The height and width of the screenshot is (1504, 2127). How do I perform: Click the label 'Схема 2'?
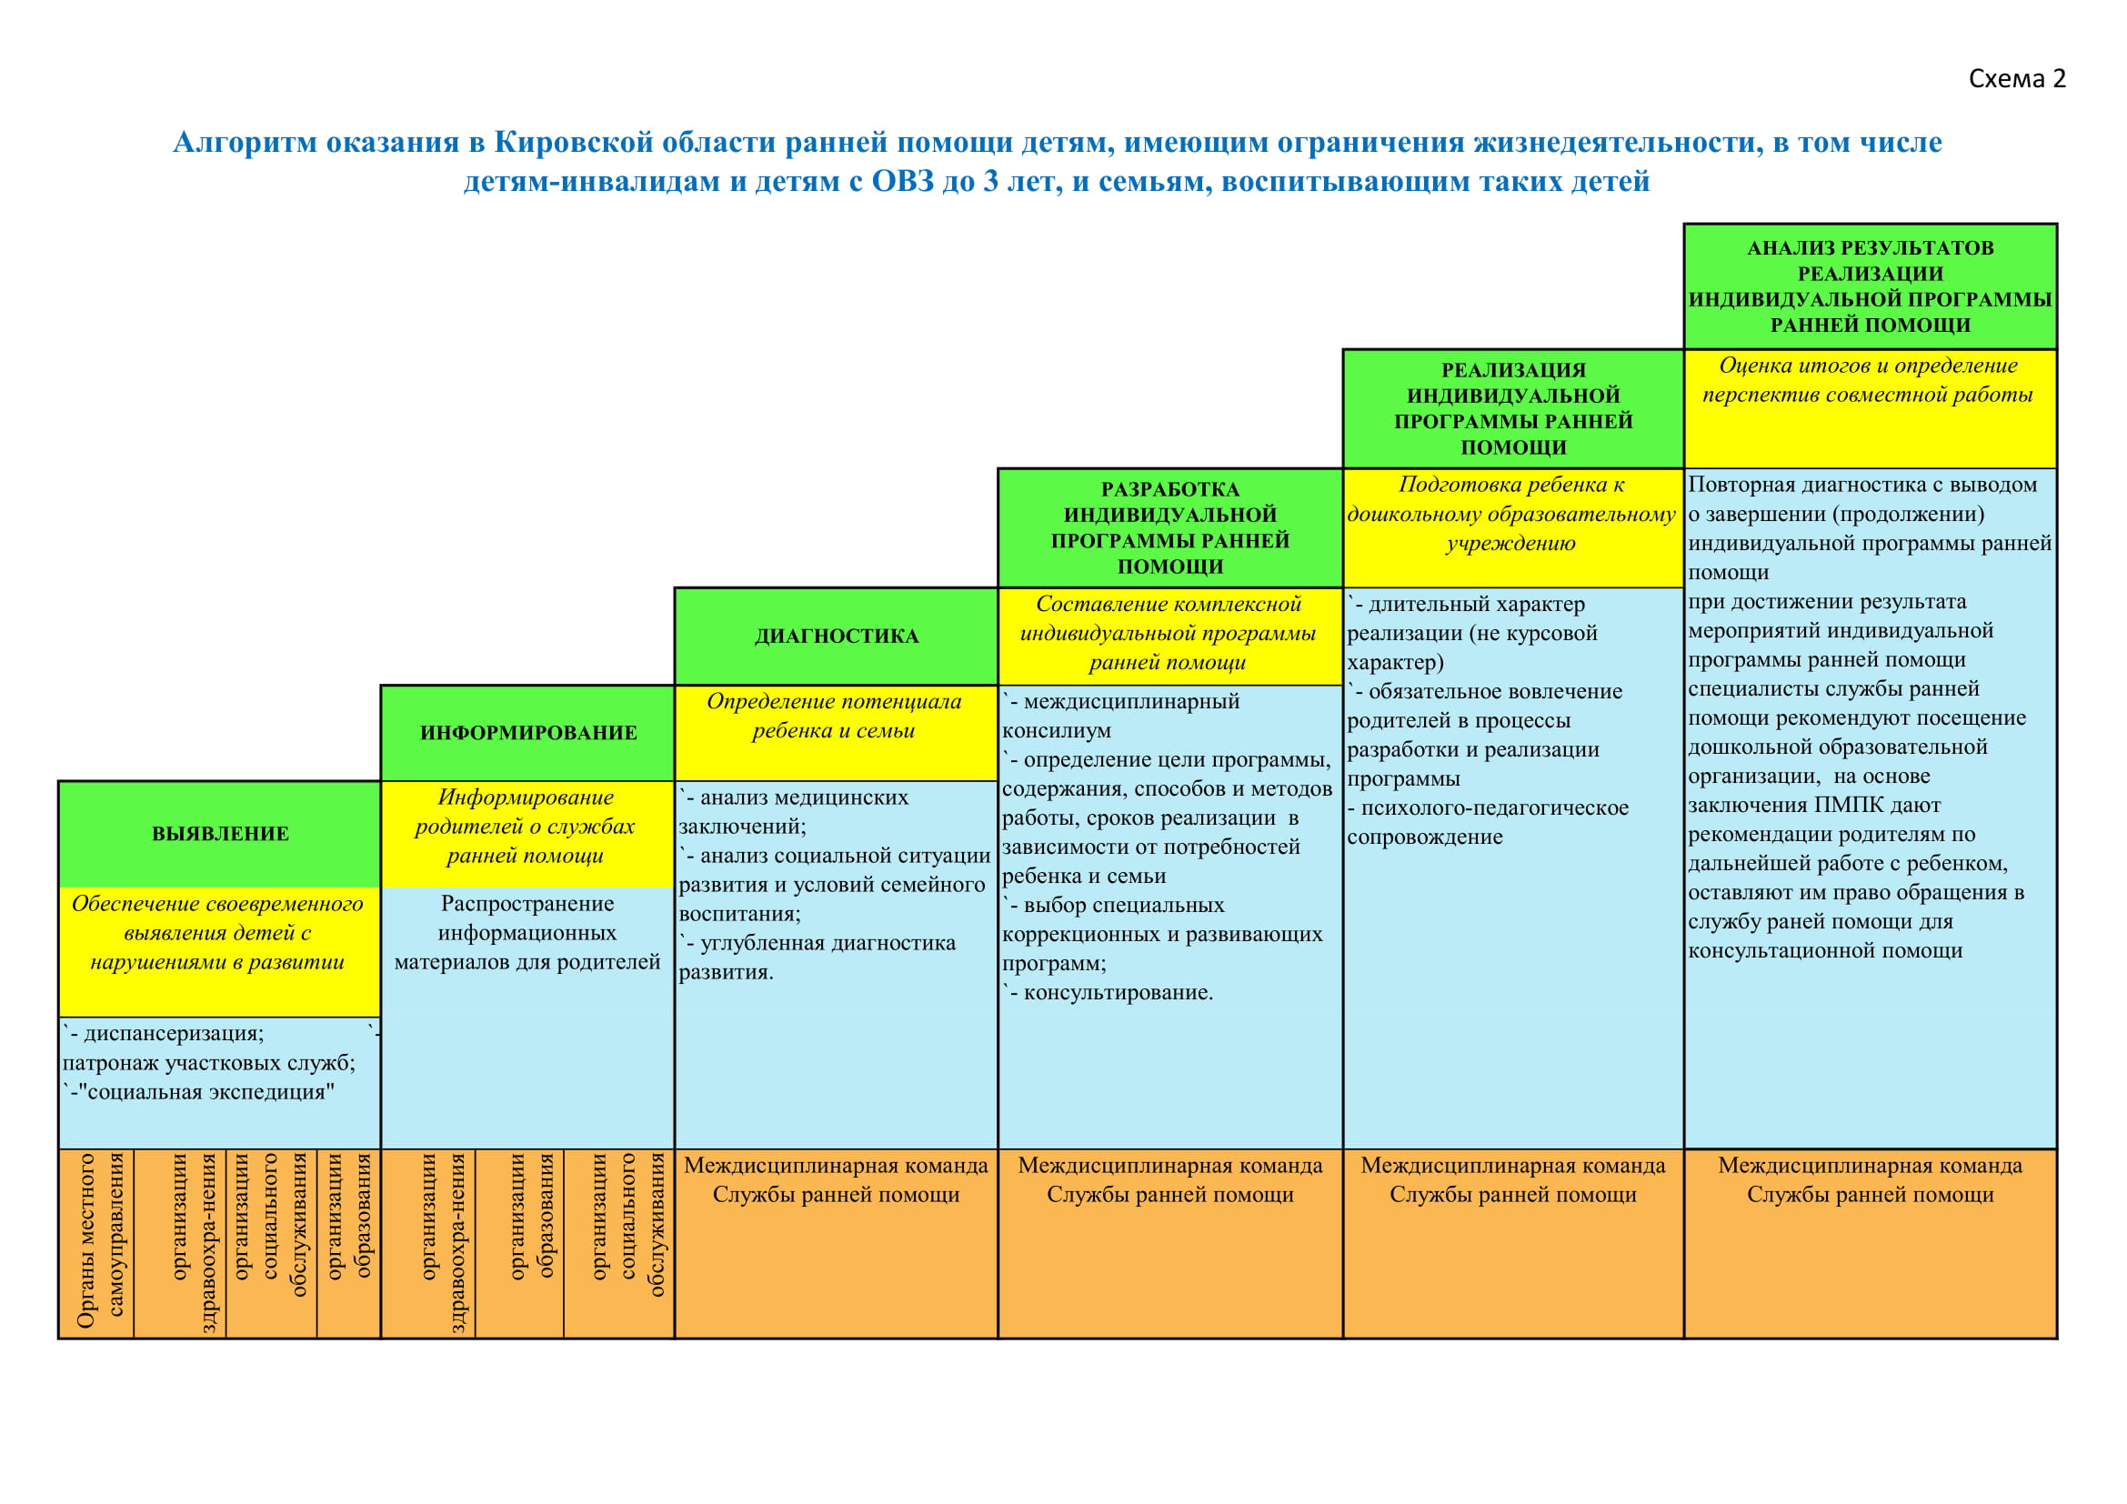point(2016,79)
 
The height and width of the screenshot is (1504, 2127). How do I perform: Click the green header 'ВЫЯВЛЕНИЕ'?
point(220,834)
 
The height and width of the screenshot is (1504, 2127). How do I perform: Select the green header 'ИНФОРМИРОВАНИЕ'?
point(528,733)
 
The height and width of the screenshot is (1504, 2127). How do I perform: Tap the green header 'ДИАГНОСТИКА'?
point(837,637)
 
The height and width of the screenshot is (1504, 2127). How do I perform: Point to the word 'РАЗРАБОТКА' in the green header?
point(1169,489)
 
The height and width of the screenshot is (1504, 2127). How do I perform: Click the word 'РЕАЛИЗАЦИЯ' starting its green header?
point(1513,370)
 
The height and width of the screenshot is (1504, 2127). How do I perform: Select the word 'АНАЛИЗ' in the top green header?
point(1785,248)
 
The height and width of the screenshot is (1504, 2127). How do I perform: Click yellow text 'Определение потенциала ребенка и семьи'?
point(834,716)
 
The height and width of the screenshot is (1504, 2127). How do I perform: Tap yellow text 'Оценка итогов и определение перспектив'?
point(1868,380)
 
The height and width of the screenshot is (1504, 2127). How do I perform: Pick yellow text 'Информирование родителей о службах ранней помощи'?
point(526,826)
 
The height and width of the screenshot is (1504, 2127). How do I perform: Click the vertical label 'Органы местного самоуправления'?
point(100,1240)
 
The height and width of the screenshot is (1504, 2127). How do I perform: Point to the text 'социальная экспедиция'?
point(206,1092)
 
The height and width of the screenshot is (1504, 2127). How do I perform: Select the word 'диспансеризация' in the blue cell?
point(172,1034)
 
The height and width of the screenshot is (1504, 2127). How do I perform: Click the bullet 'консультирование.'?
point(1118,993)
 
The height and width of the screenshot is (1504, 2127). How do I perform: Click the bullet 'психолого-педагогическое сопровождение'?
point(1488,822)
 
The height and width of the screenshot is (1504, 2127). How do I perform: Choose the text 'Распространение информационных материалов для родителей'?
point(527,933)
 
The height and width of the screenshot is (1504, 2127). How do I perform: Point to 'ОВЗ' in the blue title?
point(902,182)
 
